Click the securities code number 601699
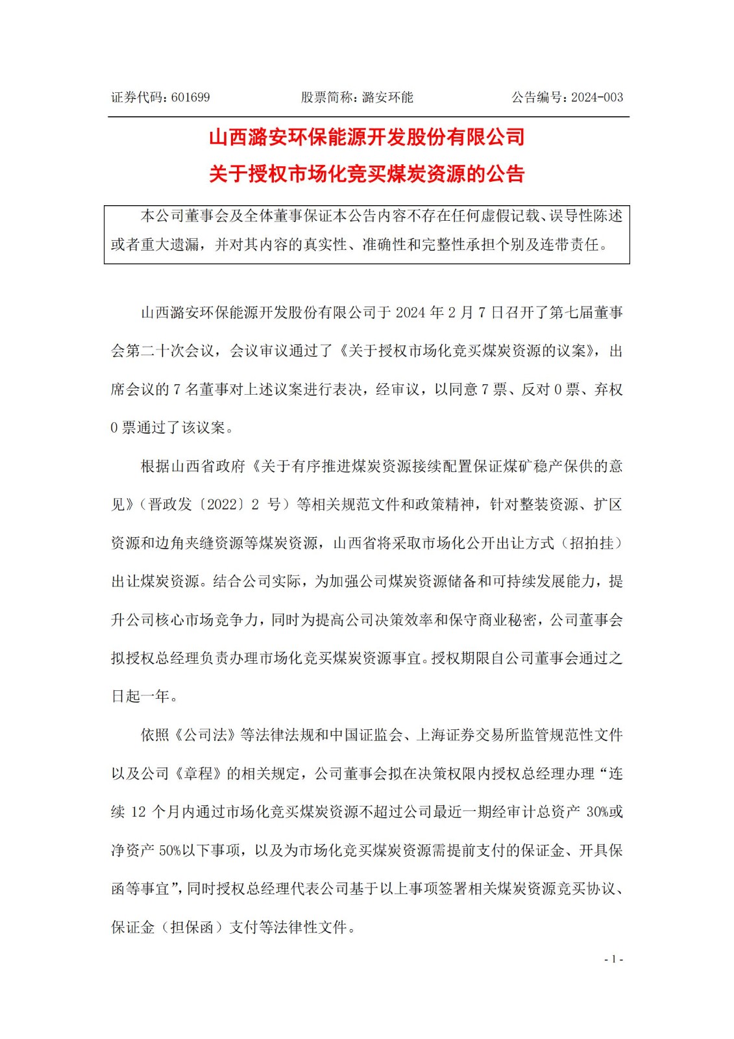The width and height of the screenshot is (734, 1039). (x=191, y=97)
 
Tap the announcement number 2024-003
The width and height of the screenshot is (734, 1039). (x=597, y=97)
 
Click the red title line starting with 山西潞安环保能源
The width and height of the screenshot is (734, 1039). (x=367, y=137)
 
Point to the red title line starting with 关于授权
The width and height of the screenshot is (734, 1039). (x=367, y=174)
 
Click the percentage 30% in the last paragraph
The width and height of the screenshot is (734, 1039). (x=596, y=812)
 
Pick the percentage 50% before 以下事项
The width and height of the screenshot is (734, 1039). (x=170, y=850)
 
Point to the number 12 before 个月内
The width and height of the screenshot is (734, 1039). (x=138, y=812)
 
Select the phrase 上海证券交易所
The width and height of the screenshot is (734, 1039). (x=460, y=735)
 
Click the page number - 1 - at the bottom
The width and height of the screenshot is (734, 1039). (x=613, y=959)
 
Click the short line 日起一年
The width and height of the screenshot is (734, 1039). (x=144, y=697)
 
